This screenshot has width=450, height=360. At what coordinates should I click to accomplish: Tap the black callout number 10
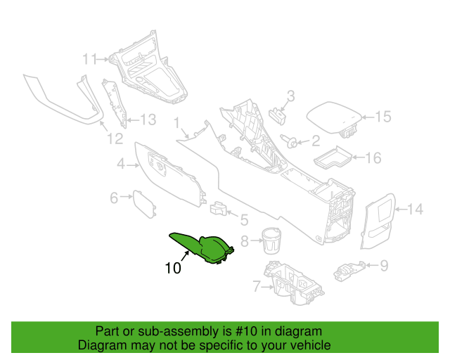point(173,269)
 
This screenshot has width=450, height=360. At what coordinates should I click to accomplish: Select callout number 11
point(90,59)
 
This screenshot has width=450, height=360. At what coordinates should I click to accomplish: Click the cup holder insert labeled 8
point(271,240)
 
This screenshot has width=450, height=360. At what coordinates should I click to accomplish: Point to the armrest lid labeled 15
point(333,119)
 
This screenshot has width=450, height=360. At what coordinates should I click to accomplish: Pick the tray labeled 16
point(333,157)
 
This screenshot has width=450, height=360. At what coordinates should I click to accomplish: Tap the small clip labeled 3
point(278,115)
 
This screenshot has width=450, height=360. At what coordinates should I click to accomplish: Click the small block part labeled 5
point(218,208)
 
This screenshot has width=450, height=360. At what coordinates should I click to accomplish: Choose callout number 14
point(415,209)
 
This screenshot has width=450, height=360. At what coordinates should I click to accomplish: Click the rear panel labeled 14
point(378,221)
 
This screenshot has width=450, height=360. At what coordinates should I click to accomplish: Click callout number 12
point(115,139)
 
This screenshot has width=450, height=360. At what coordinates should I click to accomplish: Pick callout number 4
point(121,164)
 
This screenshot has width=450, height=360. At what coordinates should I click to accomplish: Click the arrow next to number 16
point(358,157)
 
